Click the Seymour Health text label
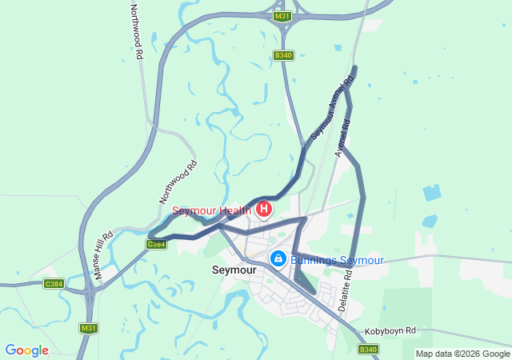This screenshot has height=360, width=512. (x=212, y=211)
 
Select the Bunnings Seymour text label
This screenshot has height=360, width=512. (x=337, y=260)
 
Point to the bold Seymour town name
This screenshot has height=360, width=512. (x=234, y=270)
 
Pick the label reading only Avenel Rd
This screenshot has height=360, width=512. (x=345, y=138)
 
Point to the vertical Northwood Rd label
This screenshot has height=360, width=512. (x=136, y=32)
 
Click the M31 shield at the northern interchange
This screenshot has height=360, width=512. (x=282, y=16)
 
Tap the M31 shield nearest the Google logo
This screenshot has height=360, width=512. (x=89, y=328)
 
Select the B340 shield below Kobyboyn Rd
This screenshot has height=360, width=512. (x=367, y=350)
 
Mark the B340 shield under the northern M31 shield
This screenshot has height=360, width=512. (x=283, y=55)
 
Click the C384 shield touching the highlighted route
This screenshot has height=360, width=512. (x=156, y=244)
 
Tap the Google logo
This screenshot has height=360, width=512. (x=26, y=350)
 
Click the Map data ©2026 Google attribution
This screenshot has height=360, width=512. (x=462, y=354)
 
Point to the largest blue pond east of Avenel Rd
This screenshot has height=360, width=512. (x=432, y=193)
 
